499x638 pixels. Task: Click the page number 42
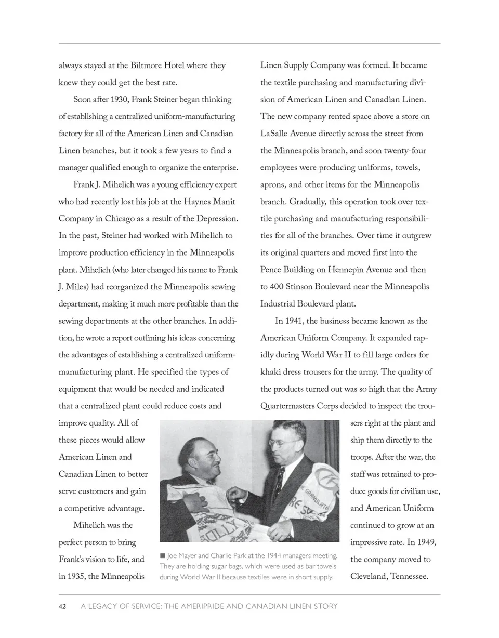tap(62, 606)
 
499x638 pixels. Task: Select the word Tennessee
tap(408, 576)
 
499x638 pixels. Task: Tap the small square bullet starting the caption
tap(163, 556)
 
